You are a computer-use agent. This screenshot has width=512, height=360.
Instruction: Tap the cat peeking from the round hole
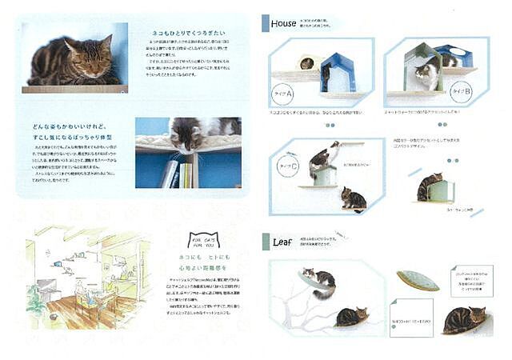pos(306,63)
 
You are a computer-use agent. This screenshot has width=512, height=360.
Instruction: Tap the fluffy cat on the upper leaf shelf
pos(321,281)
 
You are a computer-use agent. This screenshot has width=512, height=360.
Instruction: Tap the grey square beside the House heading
pos(266,23)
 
